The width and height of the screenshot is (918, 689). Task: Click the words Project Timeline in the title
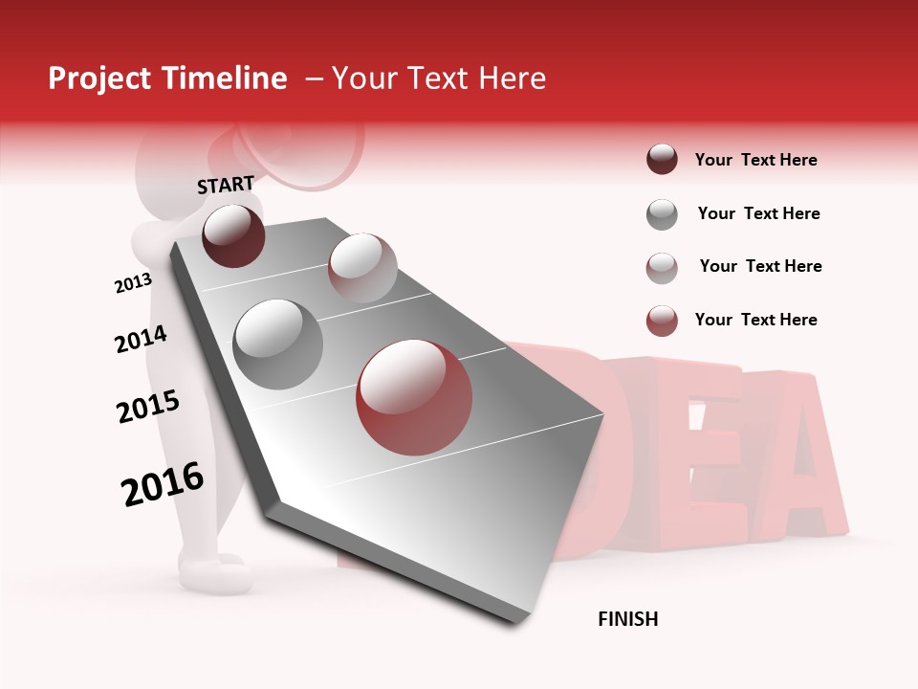click(x=167, y=78)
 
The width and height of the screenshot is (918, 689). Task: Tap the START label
click(x=226, y=185)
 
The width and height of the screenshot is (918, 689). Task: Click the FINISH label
click(x=628, y=619)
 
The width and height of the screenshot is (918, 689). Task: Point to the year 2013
click(x=133, y=283)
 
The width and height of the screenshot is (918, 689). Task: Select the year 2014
click(x=141, y=340)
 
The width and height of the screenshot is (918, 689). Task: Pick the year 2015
click(x=148, y=407)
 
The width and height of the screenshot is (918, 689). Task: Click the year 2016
click(x=163, y=484)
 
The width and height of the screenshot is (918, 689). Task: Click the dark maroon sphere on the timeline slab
click(x=234, y=235)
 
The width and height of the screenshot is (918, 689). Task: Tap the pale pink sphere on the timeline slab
click(x=362, y=268)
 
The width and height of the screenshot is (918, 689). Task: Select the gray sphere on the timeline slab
click(x=278, y=344)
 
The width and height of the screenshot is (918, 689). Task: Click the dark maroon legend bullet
click(x=662, y=159)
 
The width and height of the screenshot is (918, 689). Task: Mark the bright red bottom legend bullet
click(x=662, y=321)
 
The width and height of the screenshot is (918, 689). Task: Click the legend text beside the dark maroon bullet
click(x=755, y=160)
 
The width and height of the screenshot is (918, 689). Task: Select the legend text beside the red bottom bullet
click(x=755, y=320)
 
